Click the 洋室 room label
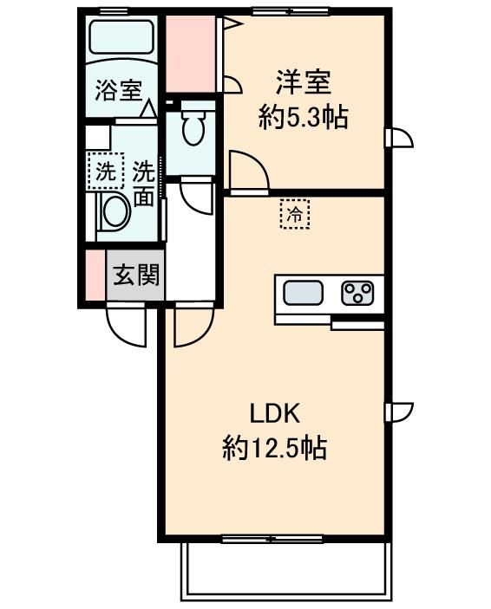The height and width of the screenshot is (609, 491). [303, 84]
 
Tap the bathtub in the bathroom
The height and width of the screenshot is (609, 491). [121, 39]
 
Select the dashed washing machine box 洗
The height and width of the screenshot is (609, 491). [103, 170]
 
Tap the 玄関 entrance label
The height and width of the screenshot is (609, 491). [135, 276]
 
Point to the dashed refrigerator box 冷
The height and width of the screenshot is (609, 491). [295, 213]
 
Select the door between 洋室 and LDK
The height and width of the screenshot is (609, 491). [245, 170]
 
